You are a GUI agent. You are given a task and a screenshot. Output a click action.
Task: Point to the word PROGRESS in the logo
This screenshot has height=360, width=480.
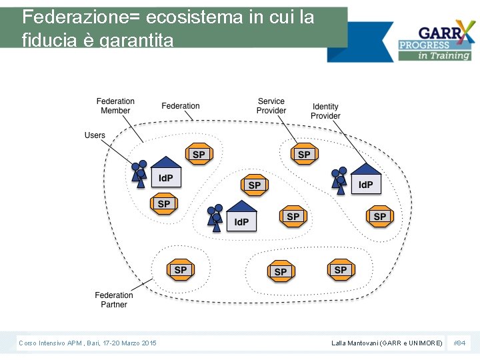pos(424,45)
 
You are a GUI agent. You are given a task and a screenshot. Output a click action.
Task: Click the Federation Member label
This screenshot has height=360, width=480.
pos(115,106)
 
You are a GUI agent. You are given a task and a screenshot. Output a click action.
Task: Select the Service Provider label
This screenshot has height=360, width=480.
pos(271,106)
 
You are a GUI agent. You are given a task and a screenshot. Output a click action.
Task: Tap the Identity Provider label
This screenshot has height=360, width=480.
pos(325,111)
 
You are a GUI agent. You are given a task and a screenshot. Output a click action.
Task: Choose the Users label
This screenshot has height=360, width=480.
pos(95,135)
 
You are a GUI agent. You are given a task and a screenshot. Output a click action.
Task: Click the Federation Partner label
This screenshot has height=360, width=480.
pos(114,300)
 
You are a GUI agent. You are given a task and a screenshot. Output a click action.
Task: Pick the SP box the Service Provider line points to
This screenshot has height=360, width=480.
pos(304,155)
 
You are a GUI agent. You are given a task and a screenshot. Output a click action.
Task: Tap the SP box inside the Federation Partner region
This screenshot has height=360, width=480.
pos(181,270)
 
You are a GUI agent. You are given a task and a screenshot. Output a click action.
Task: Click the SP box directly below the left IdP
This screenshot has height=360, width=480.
pos(164,204)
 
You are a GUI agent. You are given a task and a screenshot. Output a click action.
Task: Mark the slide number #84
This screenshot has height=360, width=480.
pos(459,343)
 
